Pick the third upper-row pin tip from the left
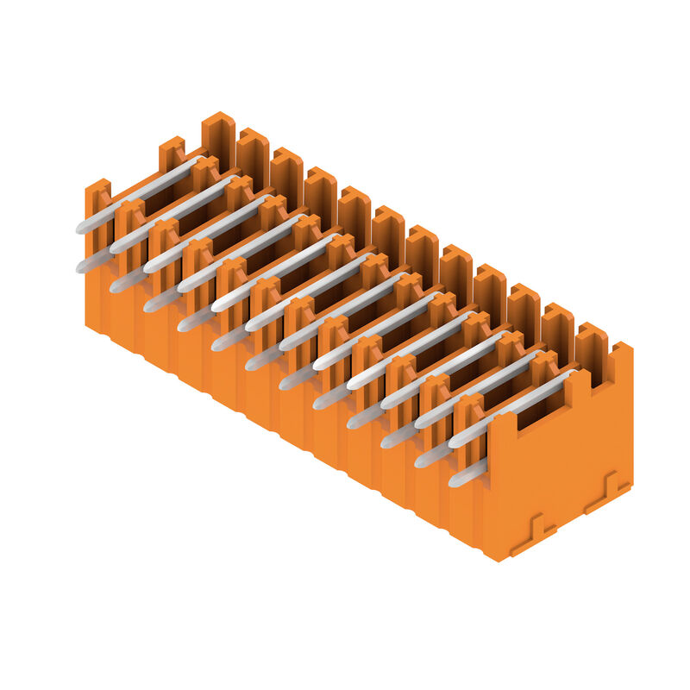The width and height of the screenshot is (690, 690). pos(149,267)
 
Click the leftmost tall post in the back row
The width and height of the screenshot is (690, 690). pos(218,138)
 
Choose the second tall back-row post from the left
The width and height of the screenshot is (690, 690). pos(253,155)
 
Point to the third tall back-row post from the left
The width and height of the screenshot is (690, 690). pos(286,174)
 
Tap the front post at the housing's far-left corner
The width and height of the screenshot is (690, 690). pos(97,207)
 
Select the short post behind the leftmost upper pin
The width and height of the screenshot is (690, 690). pos(172,154)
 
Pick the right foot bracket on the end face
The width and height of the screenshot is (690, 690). pos(608,492)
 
